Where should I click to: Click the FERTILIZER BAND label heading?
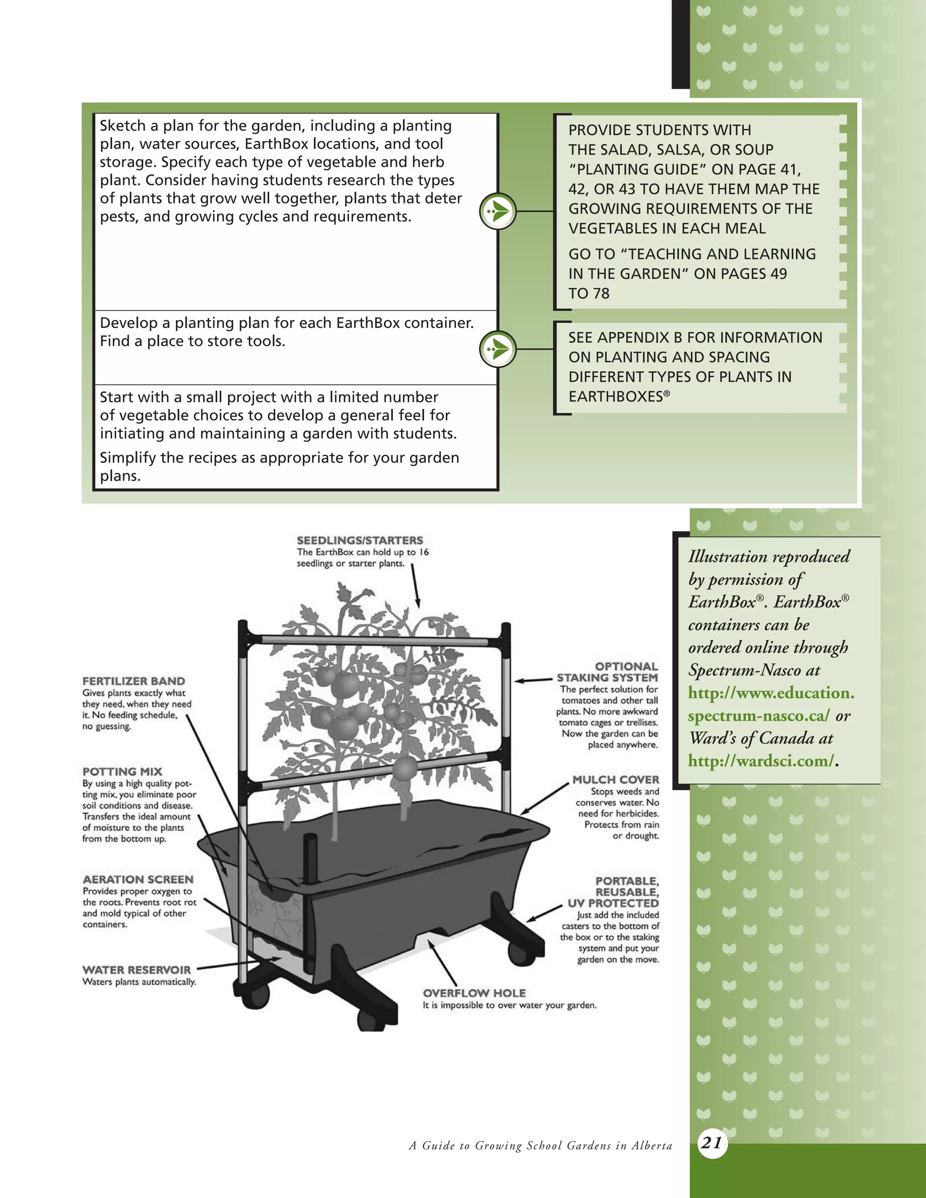[x=133, y=681]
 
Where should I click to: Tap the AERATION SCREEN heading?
[x=138, y=879]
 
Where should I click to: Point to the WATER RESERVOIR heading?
[x=136, y=970]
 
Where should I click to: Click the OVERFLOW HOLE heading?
[x=474, y=993]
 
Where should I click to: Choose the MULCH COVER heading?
[x=615, y=779]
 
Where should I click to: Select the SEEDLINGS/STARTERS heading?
[x=360, y=540]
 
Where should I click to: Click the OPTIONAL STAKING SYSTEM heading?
[x=607, y=672]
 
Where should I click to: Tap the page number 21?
[x=712, y=1142]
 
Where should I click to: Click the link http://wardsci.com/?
[x=761, y=761]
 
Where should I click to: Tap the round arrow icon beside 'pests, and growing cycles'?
[x=497, y=211]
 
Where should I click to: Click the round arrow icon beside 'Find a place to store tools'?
[x=497, y=349]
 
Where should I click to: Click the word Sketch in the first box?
[x=123, y=126]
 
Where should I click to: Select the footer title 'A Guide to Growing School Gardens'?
[x=540, y=1146]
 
